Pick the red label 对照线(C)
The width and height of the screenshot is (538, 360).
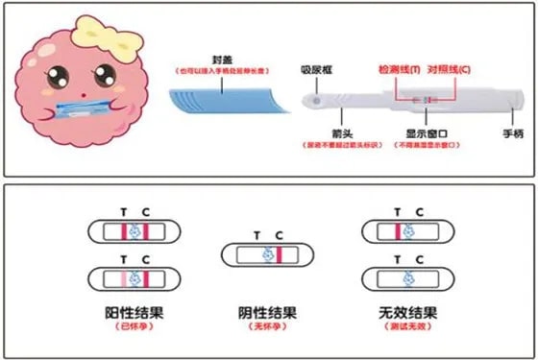[452, 71]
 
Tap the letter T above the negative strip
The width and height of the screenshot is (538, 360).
[256, 234]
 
